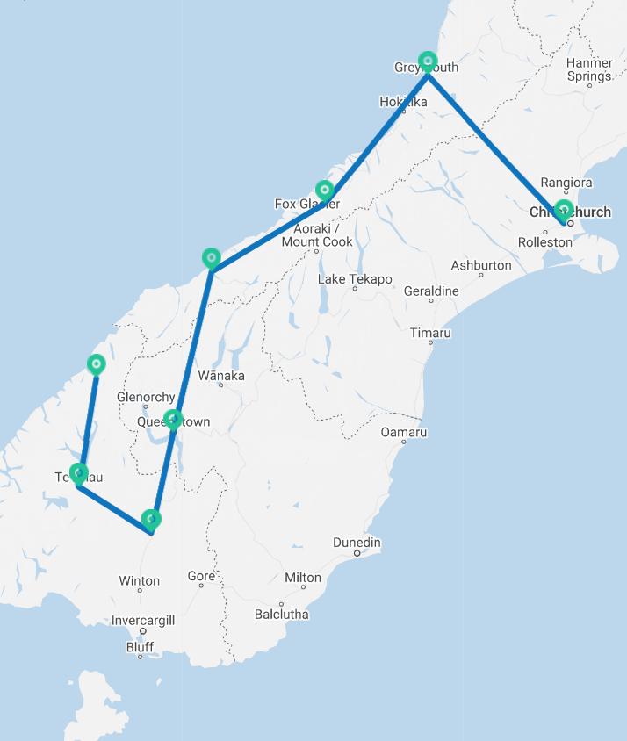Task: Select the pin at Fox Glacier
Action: pos(325,190)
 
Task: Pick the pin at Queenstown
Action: pos(173,419)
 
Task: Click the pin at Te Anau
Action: pos(79,474)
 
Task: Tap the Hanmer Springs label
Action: pos(589,69)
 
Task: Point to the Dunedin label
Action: pos(357,543)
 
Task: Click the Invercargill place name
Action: pos(143,620)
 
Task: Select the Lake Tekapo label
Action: pos(355,279)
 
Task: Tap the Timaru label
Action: pos(430,333)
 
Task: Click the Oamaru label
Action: pos(404,432)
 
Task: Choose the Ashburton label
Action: pos(481,265)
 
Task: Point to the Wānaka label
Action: pos(221,376)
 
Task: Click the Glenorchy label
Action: pos(146,397)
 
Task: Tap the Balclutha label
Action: pos(281,614)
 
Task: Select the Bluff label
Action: pos(140,647)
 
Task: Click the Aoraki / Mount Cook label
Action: pos(317,235)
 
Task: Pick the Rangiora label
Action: pos(566,183)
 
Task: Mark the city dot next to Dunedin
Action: pos(357,553)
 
